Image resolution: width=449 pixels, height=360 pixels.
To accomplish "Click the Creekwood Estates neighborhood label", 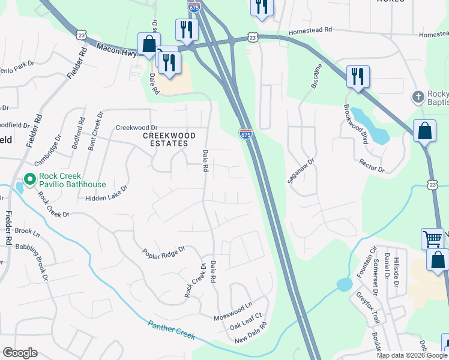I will [x=165, y=139].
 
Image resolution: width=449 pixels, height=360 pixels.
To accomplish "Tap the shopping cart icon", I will [x=432, y=239].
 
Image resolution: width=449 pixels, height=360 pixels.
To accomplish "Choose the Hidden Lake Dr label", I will [x=107, y=193].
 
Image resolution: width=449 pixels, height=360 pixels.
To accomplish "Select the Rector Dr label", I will [x=371, y=166].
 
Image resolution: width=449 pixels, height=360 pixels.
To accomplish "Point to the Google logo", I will [x=20, y=353].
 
